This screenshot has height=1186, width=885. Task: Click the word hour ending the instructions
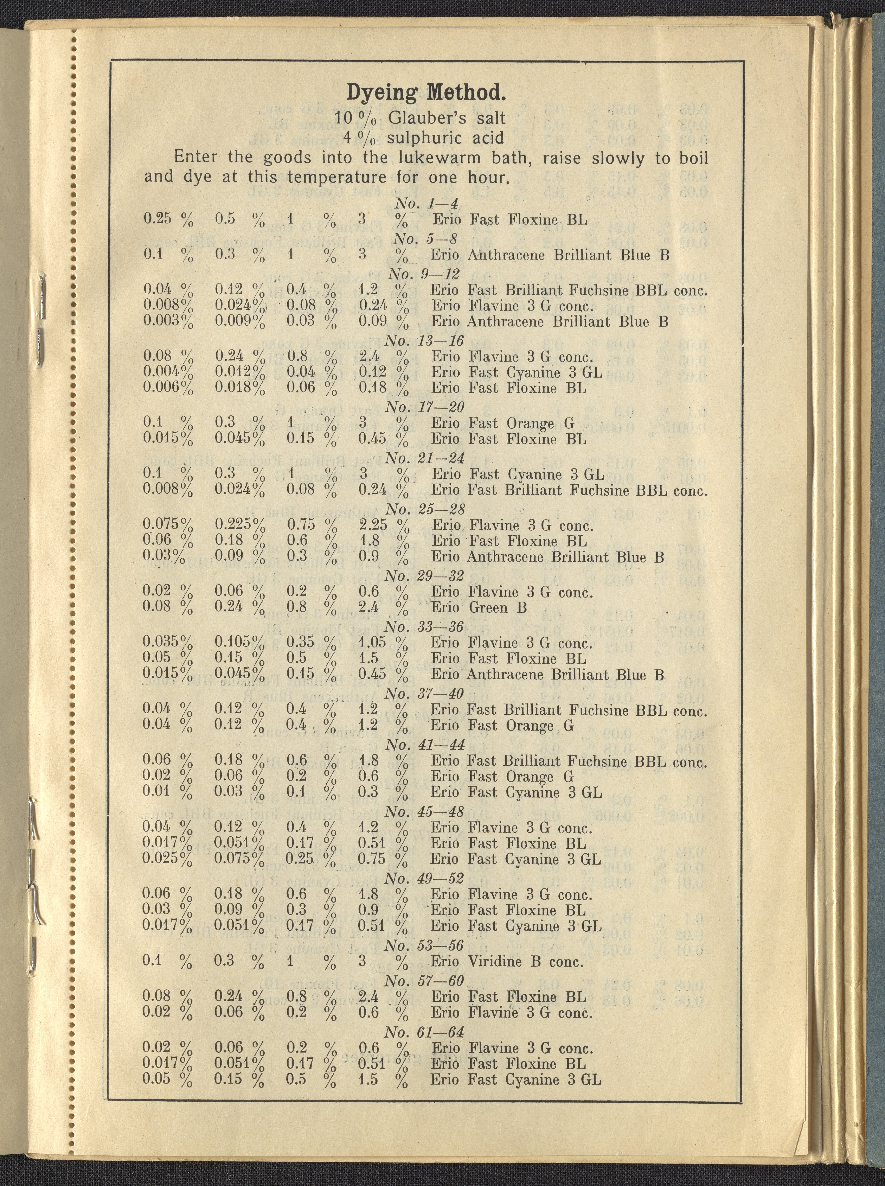(484, 177)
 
